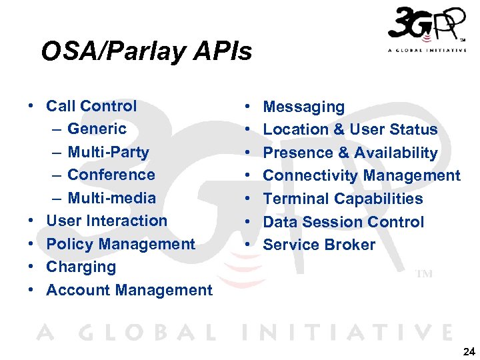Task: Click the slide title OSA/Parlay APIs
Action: click(146, 51)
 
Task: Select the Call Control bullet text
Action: click(91, 106)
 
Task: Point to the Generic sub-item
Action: click(97, 129)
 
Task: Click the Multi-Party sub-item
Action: click(108, 152)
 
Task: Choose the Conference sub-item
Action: click(111, 175)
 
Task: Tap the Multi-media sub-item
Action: click(111, 198)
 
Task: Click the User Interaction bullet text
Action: click(107, 221)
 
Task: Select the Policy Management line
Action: click(121, 244)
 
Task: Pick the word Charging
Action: click(81, 267)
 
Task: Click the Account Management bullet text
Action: click(129, 290)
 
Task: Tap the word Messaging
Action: click(304, 107)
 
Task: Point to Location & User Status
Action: click(350, 129)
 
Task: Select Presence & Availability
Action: click(350, 153)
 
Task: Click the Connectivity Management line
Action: click(361, 175)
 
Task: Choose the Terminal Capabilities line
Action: click(343, 199)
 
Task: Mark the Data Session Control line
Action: click(343, 222)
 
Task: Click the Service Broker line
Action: click(319, 245)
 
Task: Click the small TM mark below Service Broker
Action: click(424, 274)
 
